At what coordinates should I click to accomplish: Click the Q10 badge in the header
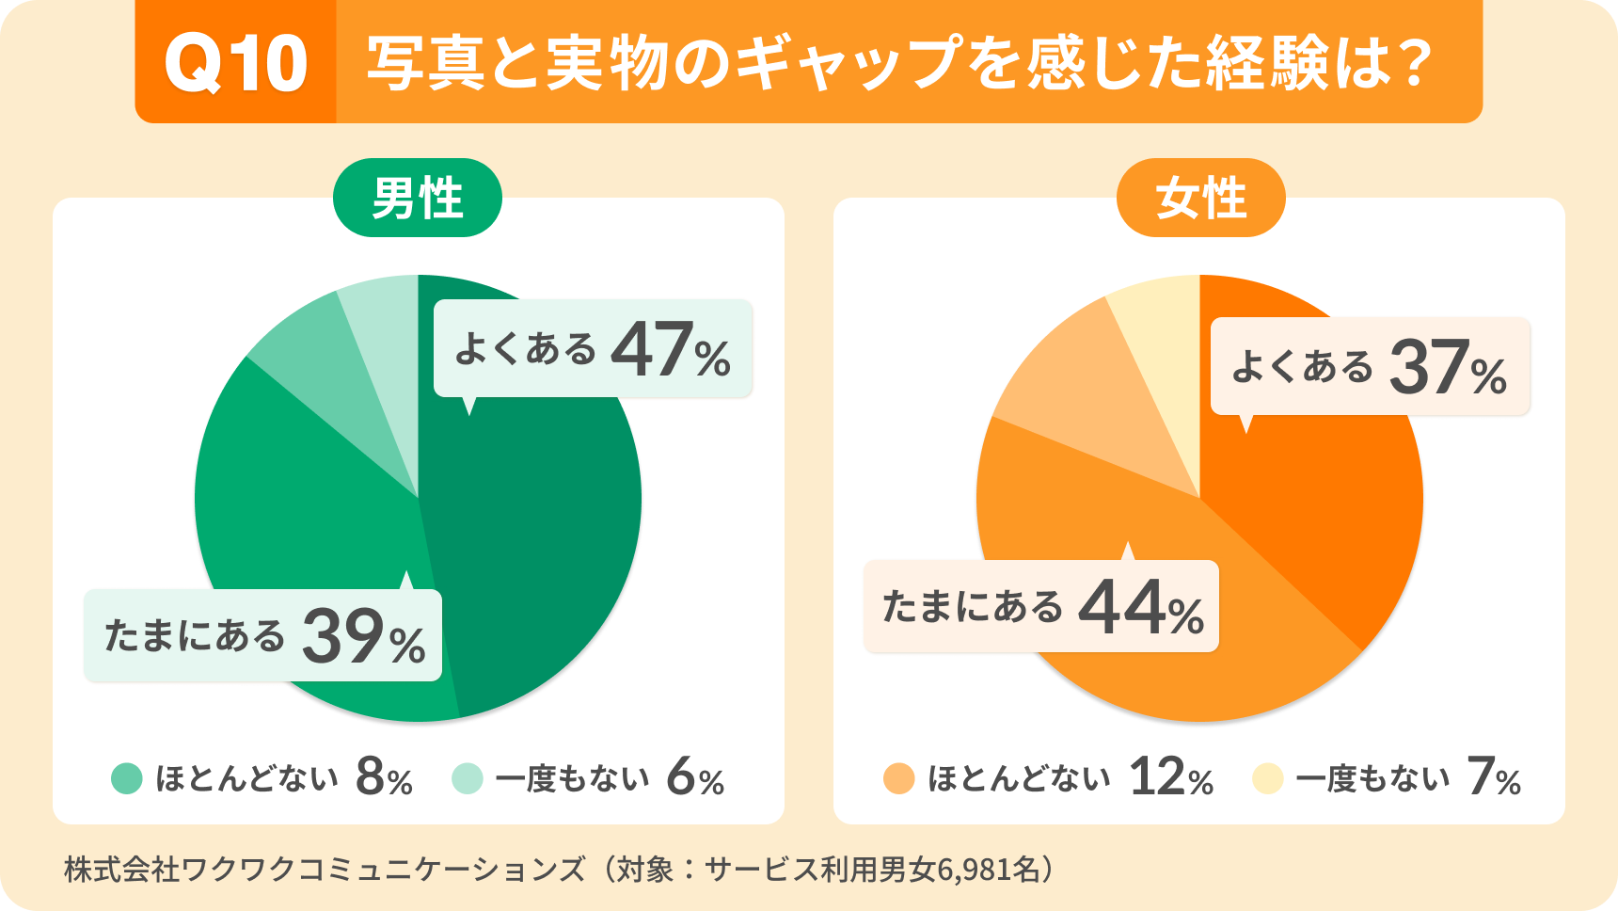point(235,63)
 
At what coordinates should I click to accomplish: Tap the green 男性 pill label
point(418,199)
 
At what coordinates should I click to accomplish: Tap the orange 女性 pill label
point(1200,199)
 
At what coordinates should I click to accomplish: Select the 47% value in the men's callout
point(670,350)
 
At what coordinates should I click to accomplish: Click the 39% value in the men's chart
point(363,637)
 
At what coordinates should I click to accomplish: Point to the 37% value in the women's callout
point(1448,368)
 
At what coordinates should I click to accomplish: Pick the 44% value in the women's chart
point(1140,609)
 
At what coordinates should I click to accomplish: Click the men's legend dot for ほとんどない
point(127,779)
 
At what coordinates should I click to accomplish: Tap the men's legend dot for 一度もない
point(468,779)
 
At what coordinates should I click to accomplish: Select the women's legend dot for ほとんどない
point(899,779)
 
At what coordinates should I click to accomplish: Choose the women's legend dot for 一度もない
point(1268,779)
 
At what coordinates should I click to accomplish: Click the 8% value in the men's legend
point(384,778)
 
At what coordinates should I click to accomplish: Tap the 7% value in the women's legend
point(1493,778)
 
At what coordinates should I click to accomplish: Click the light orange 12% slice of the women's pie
point(1082,395)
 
